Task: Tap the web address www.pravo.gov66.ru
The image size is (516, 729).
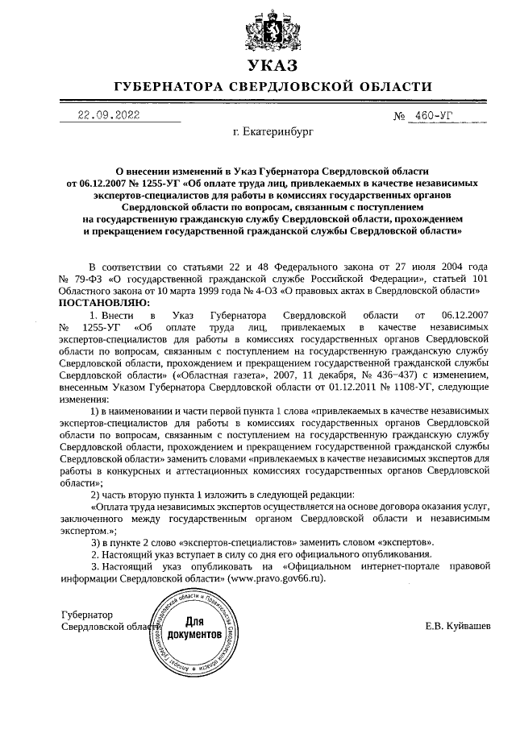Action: (274, 578)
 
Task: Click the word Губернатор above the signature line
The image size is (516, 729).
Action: (86, 614)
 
